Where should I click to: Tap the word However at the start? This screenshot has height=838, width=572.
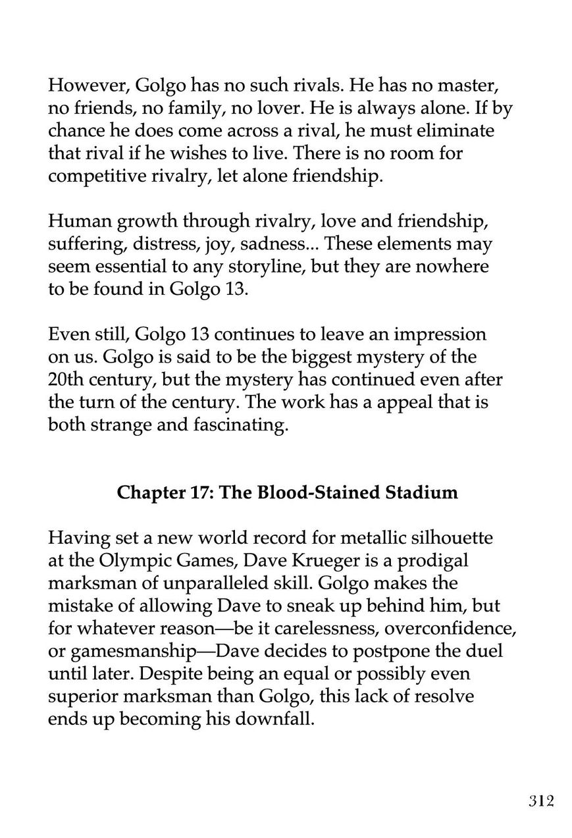click(88, 85)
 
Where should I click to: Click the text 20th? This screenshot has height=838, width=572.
click(67, 380)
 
